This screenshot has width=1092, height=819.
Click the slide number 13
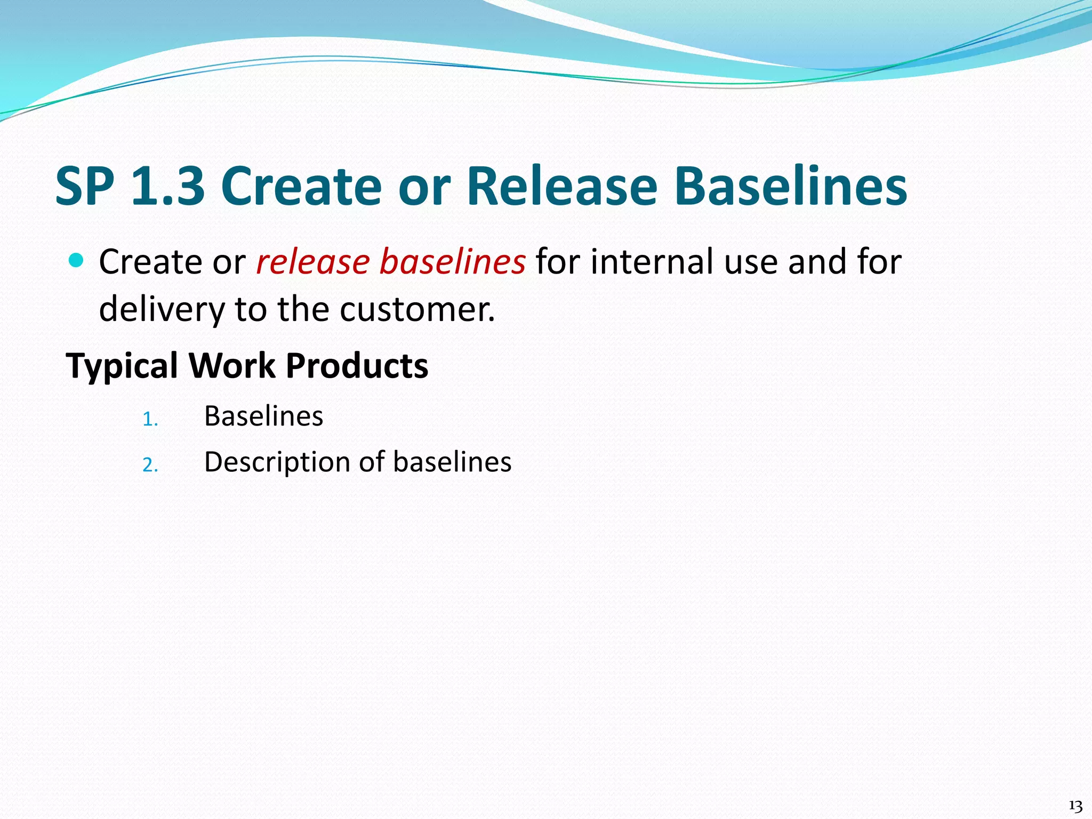click(1075, 806)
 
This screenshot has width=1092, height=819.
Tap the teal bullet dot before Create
click(77, 261)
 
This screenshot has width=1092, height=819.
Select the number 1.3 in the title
click(168, 186)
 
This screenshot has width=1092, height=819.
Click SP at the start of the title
click(85, 186)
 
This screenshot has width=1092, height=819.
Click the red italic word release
click(313, 262)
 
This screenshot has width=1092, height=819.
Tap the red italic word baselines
click(453, 262)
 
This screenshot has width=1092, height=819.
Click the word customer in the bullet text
click(417, 309)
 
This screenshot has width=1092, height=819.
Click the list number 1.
click(150, 420)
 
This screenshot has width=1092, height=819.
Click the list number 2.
click(150, 465)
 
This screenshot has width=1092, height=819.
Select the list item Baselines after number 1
click(263, 416)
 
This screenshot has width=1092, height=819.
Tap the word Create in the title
click(301, 186)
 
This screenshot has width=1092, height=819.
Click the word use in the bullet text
click(750, 263)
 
